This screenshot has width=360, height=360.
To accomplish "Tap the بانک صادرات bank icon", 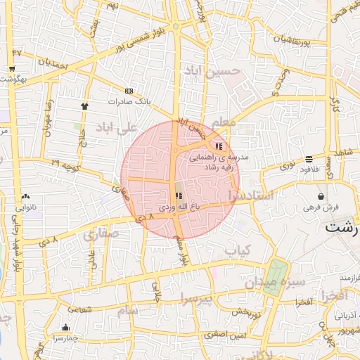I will click(129, 91).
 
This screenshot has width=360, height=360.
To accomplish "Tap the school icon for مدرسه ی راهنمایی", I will click(219, 146).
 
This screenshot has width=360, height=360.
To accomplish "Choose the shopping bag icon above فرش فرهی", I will click(321, 196).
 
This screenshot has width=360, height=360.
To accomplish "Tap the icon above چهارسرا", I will click(65, 327).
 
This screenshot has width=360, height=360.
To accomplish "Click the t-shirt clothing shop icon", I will click(85, 104).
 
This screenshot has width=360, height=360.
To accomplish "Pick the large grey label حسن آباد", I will click(202, 72).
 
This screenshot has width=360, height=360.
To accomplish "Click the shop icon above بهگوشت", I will click(12, 68).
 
